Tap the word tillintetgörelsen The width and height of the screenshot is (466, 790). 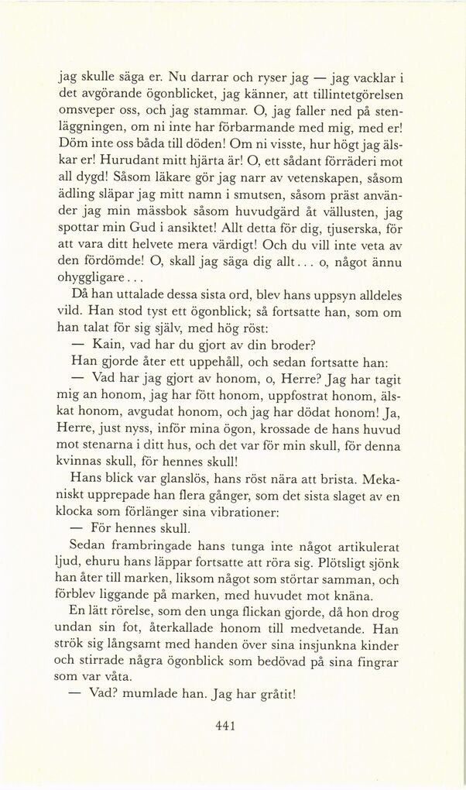tap(361, 98)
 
